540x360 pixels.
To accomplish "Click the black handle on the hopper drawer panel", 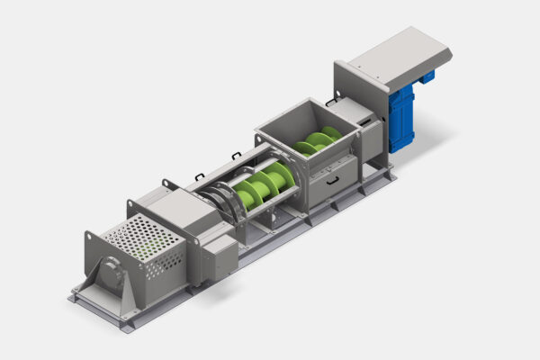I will point(332,181).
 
